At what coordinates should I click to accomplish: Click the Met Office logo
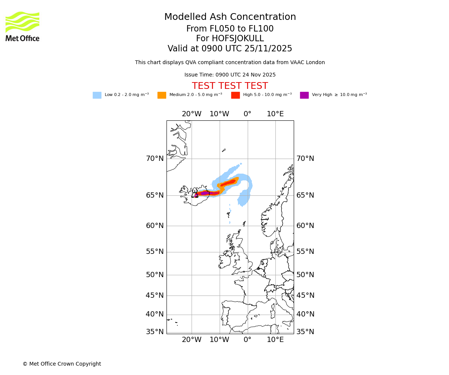pyautogui.click(x=22, y=26)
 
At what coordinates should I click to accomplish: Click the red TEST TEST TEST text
pyautogui.click(x=230, y=86)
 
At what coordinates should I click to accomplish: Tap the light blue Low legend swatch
pyautogui.click(x=97, y=95)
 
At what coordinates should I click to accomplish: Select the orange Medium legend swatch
pyautogui.click(x=162, y=95)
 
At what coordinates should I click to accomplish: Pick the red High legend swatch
pyautogui.click(x=235, y=95)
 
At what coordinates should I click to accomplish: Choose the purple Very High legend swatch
pyautogui.click(x=304, y=95)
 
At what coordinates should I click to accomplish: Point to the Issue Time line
pyautogui.click(x=230, y=75)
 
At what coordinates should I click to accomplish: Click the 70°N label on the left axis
pyautogui.click(x=155, y=159)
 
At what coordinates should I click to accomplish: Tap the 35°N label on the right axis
pyautogui.click(x=305, y=332)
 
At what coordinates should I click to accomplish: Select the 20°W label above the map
pyautogui.click(x=192, y=114)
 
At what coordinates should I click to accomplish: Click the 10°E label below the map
pyautogui.click(x=275, y=340)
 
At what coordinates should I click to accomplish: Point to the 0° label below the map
pyautogui.click(x=247, y=340)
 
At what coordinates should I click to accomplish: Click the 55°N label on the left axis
pyautogui.click(x=155, y=252)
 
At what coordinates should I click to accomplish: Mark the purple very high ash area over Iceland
pyautogui.click(x=205, y=193)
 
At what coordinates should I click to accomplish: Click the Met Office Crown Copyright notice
pyautogui.click(x=62, y=364)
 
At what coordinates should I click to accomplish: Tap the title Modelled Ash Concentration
pyautogui.click(x=230, y=17)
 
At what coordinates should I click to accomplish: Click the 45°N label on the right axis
pyautogui.click(x=305, y=295)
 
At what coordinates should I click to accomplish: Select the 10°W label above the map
pyautogui.click(x=219, y=114)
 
